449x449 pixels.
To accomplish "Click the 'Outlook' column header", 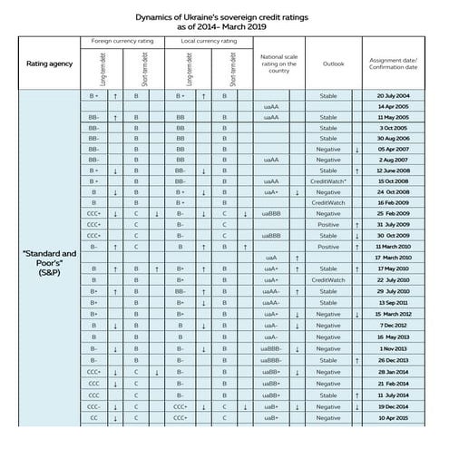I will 333,63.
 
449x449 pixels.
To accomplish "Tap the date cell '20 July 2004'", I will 396,95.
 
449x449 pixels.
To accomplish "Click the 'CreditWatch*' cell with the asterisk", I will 328,181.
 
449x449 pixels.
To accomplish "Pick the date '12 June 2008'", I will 396,170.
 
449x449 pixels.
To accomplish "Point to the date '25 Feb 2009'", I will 396,213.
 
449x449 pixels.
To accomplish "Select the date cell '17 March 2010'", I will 396,258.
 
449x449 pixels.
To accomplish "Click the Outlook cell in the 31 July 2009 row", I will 328,224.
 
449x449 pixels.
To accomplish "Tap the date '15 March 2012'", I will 396,313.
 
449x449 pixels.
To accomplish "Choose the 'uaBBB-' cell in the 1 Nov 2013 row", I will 270,348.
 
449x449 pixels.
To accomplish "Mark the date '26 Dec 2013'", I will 396,359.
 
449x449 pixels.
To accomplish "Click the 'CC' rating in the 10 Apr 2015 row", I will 94,418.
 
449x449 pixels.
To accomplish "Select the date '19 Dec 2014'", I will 396,407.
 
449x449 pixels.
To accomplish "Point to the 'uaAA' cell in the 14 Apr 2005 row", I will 270,107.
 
